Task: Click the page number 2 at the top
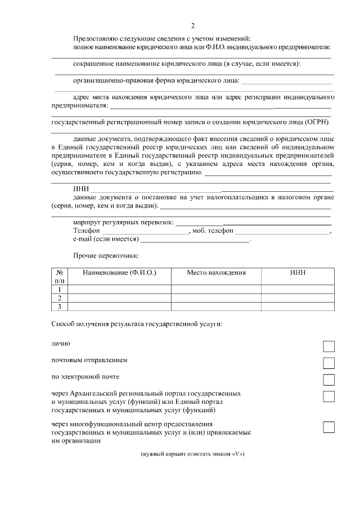193,25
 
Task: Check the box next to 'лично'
328,346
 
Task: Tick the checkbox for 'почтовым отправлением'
328,363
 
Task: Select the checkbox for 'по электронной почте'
328,380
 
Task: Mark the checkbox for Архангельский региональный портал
328,397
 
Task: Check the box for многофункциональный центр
328,427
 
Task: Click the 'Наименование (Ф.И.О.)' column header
119,272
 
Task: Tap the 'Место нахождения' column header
217,272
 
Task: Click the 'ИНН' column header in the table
298,272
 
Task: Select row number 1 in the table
59,289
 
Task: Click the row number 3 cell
59,307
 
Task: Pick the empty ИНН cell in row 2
298,298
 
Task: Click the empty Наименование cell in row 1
119,289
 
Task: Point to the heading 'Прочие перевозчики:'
106,256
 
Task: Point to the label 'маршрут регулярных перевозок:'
124,222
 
